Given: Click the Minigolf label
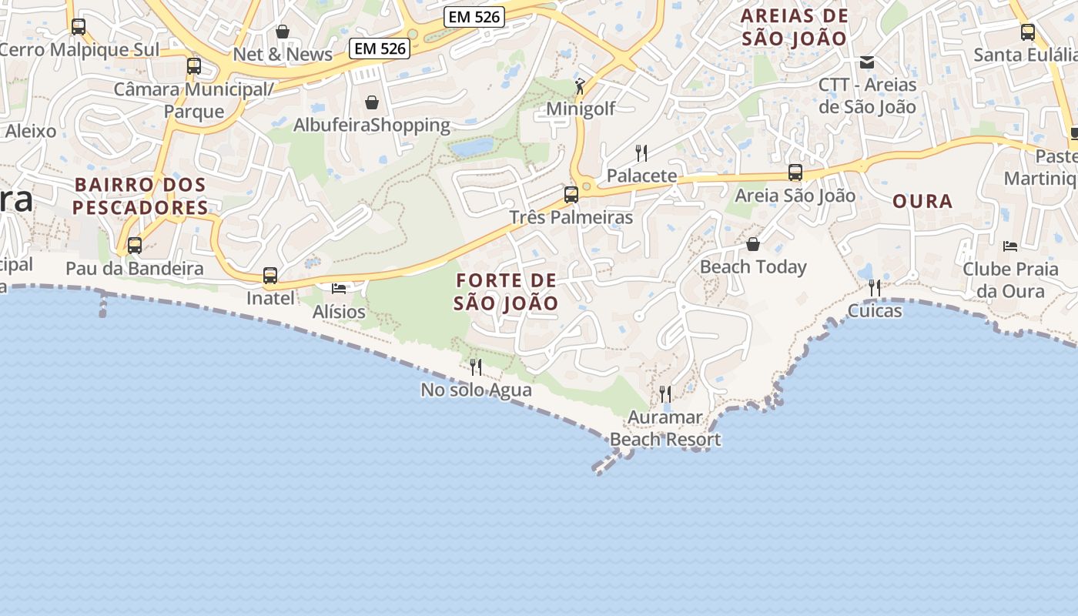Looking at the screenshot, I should coord(581,109).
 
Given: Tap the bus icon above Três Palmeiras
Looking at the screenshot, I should coord(571,194).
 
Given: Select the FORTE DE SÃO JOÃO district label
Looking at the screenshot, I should coord(506,291).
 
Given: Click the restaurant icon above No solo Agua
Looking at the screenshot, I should coord(476,367).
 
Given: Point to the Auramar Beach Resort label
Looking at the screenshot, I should coord(665,428).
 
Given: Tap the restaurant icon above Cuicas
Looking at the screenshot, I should coord(875,288).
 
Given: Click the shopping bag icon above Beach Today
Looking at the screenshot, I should coord(753,244).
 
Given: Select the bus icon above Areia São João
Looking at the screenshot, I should coord(795,172).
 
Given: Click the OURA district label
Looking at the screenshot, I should coord(922,202).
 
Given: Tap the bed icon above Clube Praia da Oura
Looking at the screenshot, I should coord(1010,246).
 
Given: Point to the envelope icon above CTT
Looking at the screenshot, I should coord(867,62).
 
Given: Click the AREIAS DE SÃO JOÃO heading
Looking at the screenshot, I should coord(794,27).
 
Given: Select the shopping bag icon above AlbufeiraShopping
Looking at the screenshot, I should coord(372,102).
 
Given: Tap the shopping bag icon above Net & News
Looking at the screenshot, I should coord(283,32).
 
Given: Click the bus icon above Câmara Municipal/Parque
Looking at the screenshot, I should coord(193,66).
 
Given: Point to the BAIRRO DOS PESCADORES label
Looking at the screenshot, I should coord(140,196).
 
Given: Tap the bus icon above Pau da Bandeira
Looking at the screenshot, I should coord(135,246).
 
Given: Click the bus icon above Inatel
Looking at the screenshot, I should coord(270,276).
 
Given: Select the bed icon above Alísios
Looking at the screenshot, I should coord(339,288).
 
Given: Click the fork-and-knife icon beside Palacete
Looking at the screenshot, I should coord(641,152).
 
